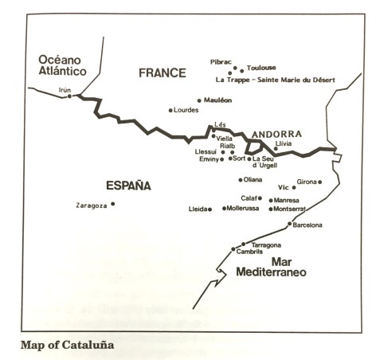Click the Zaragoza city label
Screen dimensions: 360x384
pos(91,205)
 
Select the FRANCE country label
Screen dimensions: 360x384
pos(162,73)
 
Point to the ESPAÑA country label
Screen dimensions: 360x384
pos(128,186)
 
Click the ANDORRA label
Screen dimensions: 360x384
pos(276,134)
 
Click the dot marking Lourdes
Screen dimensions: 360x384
pos(170,110)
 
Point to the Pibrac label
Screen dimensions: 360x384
pos(221,61)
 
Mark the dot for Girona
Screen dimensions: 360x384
pos(320,182)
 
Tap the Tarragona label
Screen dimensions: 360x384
pos(265,245)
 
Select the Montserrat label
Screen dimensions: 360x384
pos(288,209)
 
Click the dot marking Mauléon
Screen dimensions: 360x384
pos(199,100)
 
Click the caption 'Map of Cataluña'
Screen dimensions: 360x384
pos(66,346)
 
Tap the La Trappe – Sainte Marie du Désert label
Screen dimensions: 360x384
pos(276,80)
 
